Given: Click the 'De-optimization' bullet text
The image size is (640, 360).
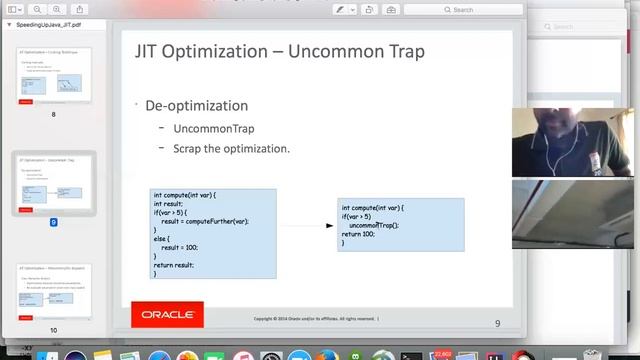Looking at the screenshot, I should pyautogui.click(x=196, y=105).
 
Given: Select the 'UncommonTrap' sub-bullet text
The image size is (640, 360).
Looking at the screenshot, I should pyautogui.click(x=213, y=129).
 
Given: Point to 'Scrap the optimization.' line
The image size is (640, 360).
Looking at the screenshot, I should pyautogui.click(x=231, y=148).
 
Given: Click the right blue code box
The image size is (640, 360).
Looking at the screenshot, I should pyautogui.click(x=400, y=224).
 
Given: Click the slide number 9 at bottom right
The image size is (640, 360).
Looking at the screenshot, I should pyautogui.click(x=497, y=323).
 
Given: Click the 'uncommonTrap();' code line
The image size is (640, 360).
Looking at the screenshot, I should pyautogui.click(x=374, y=225).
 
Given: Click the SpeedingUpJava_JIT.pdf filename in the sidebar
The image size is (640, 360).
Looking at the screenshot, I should pyautogui.click(x=49, y=23).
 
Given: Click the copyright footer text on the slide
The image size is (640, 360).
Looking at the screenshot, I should pyautogui.click(x=315, y=319).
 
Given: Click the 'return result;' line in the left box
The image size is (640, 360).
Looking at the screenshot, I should pyautogui.click(x=174, y=265).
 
